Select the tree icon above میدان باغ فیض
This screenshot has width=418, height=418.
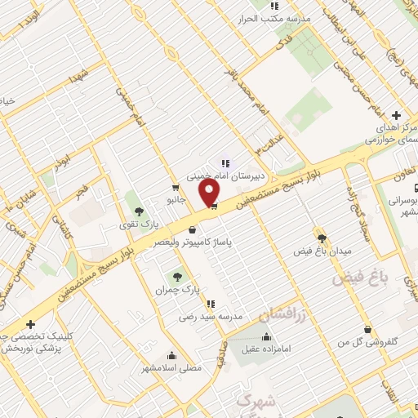pos(322,233)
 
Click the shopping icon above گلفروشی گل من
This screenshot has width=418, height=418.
pos(368,329)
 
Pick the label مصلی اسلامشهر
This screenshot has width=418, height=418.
pos(171,370)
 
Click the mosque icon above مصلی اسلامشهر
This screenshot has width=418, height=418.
pos(171,355)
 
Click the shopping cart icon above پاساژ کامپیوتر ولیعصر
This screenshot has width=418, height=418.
pos(192,229)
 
